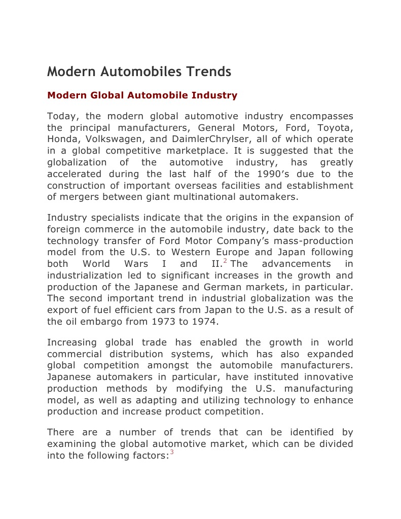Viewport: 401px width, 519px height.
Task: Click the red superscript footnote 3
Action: coord(172,453)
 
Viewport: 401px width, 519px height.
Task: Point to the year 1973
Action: coord(151,321)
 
